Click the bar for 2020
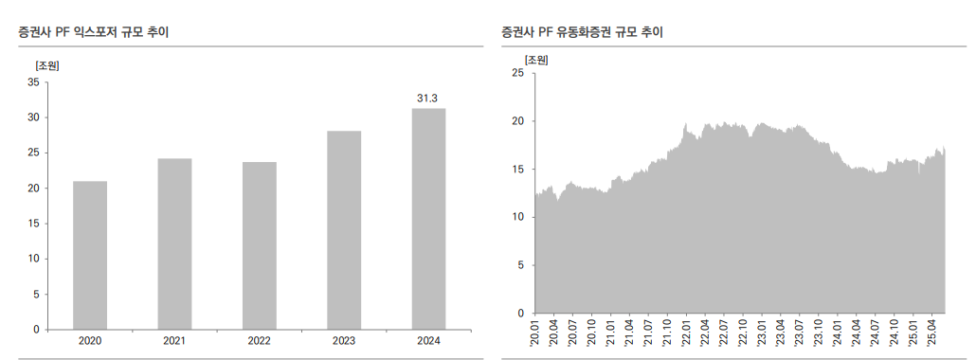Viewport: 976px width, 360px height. click(x=90, y=255)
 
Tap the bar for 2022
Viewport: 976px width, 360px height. click(x=260, y=245)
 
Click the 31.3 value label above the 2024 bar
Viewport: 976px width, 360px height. click(x=427, y=98)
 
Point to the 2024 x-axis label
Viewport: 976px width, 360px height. click(x=428, y=341)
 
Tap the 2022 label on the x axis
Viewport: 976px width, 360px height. click(x=260, y=341)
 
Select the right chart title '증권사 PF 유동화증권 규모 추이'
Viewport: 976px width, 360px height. click(x=582, y=32)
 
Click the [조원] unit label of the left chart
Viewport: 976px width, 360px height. click(x=47, y=65)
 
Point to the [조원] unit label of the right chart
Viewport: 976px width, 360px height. click(x=536, y=60)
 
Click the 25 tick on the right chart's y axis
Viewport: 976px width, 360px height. click(x=517, y=73)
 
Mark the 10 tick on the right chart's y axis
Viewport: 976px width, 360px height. click(x=517, y=217)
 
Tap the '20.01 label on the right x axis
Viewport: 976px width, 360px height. click(x=535, y=333)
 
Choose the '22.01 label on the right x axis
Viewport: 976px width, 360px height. click(x=686, y=333)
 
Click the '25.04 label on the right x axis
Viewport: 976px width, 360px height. click(x=931, y=333)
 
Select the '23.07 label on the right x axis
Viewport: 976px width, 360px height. click(x=800, y=333)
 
